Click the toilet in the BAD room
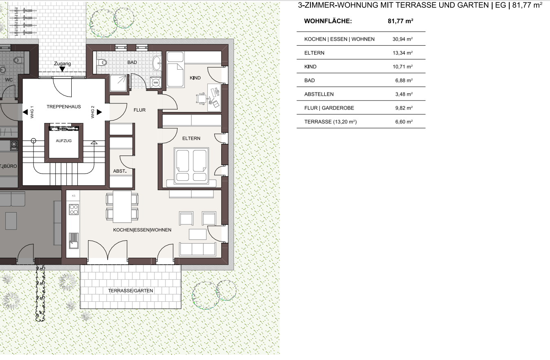102,63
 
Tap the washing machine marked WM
156,83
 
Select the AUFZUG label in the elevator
64,141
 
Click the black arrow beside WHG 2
99,112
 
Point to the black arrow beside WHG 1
25,112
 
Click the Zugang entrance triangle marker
62,69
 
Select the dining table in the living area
122,206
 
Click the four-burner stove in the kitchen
74,209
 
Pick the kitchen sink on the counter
74,241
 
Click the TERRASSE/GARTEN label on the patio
131,291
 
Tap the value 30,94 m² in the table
403,39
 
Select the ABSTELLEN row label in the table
319,94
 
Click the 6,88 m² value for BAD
404,81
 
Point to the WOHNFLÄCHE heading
328,21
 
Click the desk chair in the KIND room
201,99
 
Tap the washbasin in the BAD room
157,63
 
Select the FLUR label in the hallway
139,110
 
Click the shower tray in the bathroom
119,83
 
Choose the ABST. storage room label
120,171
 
